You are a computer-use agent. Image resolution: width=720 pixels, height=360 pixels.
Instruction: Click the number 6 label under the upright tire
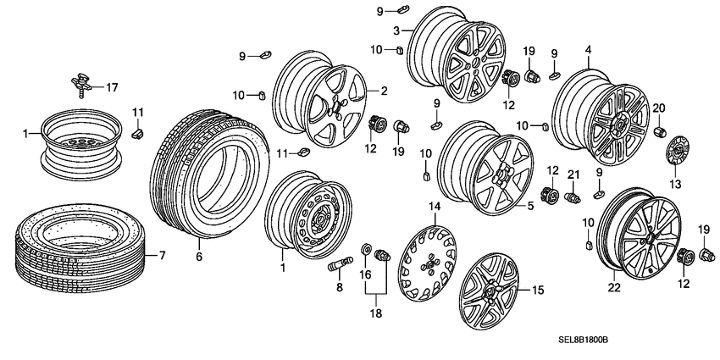pos(198,256)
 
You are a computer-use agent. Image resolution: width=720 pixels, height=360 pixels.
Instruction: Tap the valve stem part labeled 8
pos(337,263)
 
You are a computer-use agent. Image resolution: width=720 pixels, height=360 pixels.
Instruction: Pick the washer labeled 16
pos(365,249)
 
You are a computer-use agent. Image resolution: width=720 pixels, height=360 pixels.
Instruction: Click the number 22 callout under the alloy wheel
pos(614,288)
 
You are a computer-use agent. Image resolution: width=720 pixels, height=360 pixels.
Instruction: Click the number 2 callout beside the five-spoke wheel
pos(383,91)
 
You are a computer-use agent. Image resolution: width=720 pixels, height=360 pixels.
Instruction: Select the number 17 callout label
pos(112,86)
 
